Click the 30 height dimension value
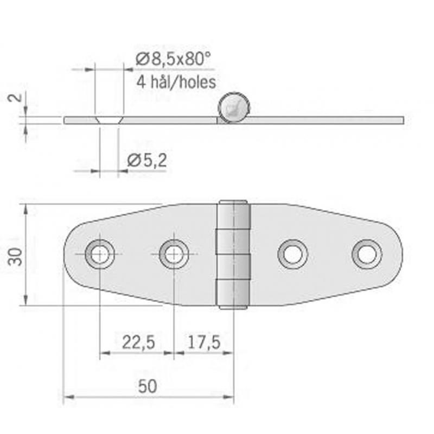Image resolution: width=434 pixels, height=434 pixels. click(17, 256)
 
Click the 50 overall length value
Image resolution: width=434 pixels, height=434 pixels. click(146, 386)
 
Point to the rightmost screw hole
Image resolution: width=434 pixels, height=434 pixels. click(367, 253)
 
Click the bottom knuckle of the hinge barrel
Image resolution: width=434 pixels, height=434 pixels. click(234, 293)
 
